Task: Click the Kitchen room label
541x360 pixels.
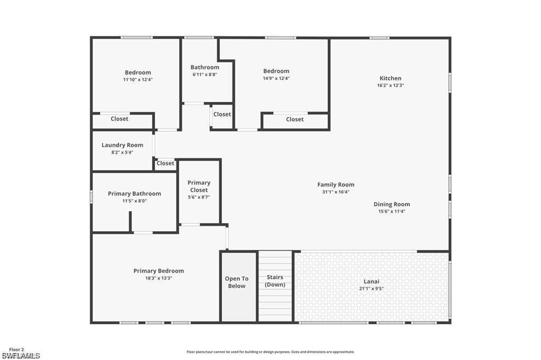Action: (390, 78)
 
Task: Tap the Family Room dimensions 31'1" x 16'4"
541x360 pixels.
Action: (335, 192)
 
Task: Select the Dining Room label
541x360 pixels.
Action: (391, 204)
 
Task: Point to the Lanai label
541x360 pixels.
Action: (371, 281)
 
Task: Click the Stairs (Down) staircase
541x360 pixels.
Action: (275, 285)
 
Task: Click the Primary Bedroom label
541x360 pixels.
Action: (158, 271)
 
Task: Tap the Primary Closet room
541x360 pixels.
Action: (199, 190)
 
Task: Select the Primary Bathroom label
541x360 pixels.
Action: (134, 194)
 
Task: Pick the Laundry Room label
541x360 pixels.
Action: (122, 145)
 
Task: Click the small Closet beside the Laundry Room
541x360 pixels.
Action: (165, 164)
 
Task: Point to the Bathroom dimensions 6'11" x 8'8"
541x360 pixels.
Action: (204, 74)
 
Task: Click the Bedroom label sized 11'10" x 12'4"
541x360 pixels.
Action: (138, 72)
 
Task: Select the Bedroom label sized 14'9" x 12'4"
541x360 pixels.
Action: (276, 71)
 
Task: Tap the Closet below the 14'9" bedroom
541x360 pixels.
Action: (295, 119)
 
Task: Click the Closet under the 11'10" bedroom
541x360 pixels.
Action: (119, 119)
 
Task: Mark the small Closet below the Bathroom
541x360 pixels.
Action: (222, 115)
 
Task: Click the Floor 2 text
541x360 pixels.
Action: (16, 349)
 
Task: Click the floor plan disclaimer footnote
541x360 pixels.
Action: (270, 352)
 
